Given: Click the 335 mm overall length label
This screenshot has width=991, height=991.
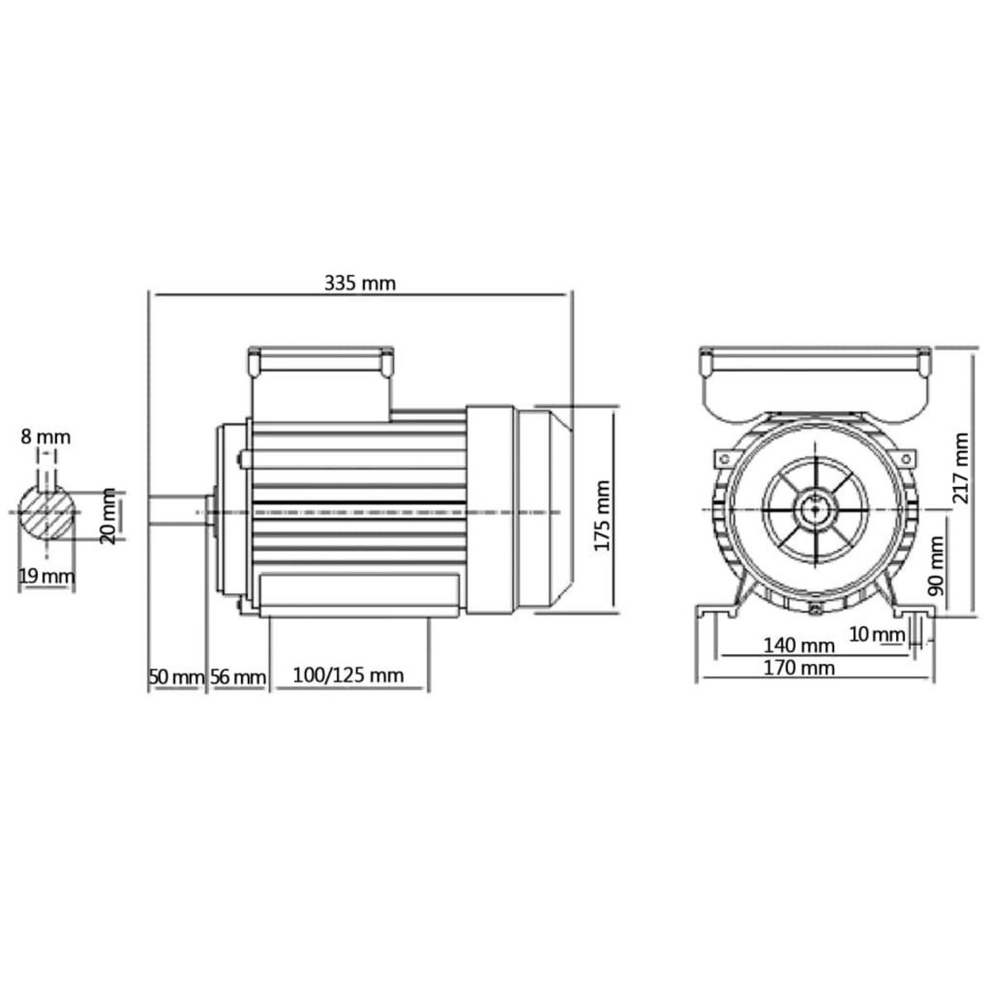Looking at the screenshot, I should [359, 283].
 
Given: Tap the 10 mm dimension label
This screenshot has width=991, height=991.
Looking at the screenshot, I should [876, 634].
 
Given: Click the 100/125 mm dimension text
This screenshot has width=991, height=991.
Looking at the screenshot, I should [349, 676].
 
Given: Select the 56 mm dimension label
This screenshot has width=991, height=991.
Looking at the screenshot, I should [237, 677].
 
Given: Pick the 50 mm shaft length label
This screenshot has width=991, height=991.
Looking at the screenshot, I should [176, 677].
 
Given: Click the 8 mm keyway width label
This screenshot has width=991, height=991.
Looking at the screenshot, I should [46, 437].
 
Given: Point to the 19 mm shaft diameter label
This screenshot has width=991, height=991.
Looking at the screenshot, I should [46, 576].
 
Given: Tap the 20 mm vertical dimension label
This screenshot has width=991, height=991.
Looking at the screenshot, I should [107, 516].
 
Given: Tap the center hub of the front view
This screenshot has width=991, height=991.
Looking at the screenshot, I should [816, 510].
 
